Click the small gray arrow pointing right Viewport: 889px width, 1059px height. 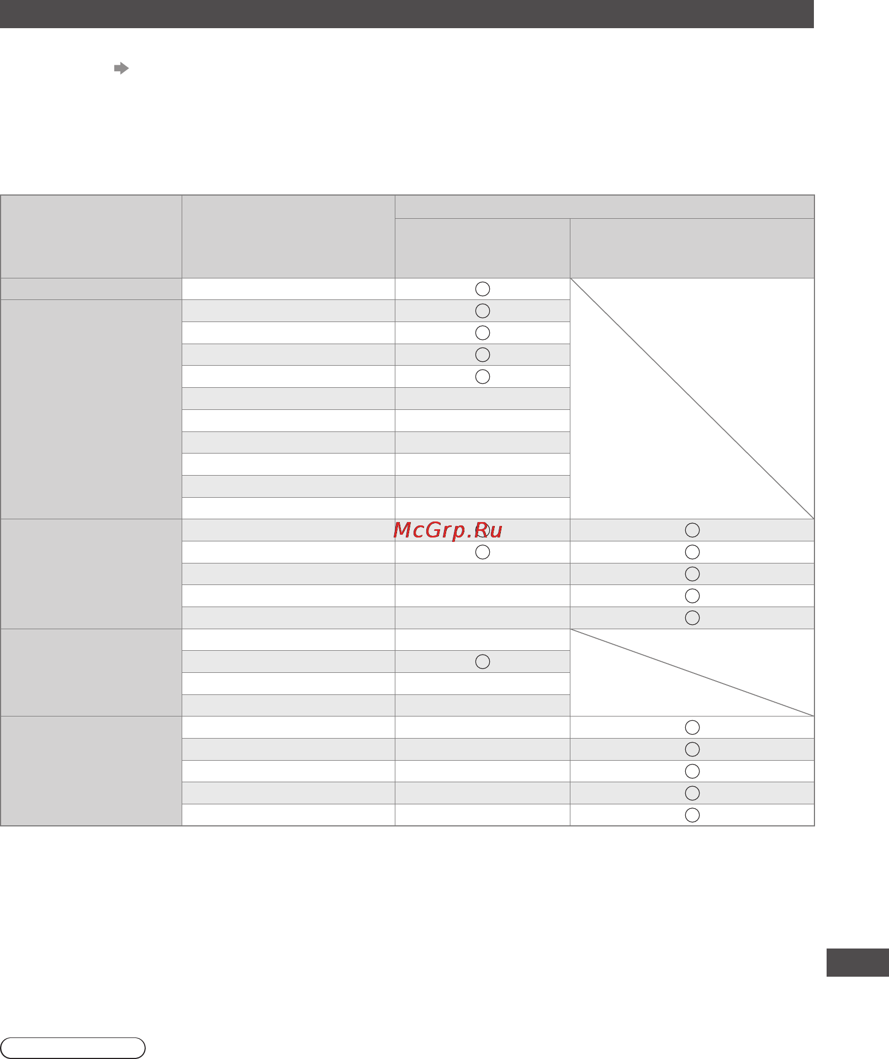[x=121, y=69]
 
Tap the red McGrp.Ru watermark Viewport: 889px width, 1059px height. [x=448, y=530]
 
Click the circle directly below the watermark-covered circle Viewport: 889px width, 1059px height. [x=483, y=552]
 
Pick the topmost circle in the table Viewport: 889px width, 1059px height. [x=483, y=289]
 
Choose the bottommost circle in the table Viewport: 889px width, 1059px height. [x=692, y=815]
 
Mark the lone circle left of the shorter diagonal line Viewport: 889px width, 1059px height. [x=483, y=661]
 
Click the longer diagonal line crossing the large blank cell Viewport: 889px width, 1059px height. [x=692, y=398]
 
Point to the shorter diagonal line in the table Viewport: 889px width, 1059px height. [x=692, y=672]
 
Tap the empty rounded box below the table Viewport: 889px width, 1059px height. [x=73, y=1048]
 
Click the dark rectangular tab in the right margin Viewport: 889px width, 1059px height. [x=858, y=962]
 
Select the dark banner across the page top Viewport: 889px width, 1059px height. [x=407, y=14]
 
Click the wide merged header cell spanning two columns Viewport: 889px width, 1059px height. [x=605, y=207]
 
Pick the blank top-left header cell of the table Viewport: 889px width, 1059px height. [x=91, y=236]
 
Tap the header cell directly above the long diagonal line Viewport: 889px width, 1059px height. [x=692, y=248]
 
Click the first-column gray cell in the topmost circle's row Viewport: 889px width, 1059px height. [x=91, y=289]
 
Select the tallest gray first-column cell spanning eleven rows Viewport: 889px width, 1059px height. [x=91, y=409]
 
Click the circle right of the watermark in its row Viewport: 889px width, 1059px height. [x=692, y=530]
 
